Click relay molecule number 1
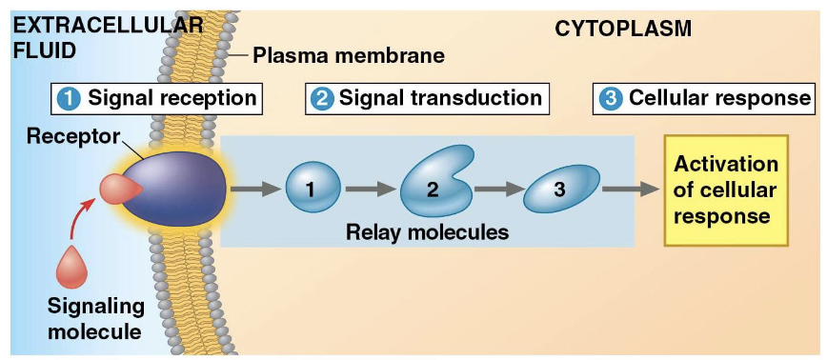312,189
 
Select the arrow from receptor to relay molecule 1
254,189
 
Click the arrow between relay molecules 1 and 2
369,189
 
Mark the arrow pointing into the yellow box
629,189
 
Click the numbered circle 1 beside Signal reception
70,98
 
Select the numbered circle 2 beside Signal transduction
322,98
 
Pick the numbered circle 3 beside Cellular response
611,98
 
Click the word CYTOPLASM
623,31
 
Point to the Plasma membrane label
349,56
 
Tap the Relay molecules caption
427,231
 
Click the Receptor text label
71,136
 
